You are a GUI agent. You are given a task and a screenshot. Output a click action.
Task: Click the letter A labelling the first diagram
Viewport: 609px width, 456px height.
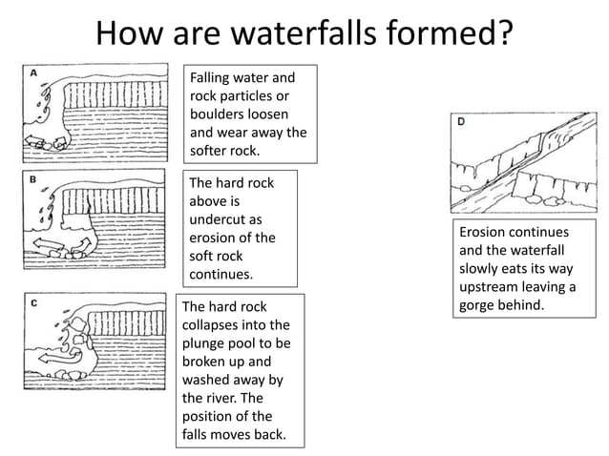pyautogui.click(x=33, y=73)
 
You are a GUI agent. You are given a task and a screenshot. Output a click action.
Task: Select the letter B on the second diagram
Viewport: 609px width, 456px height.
pyautogui.click(x=33, y=178)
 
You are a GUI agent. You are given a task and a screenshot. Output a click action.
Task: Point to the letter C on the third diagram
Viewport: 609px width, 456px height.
pyautogui.click(x=34, y=302)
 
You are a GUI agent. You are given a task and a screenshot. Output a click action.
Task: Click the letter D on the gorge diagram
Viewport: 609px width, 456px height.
pyautogui.click(x=462, y=122)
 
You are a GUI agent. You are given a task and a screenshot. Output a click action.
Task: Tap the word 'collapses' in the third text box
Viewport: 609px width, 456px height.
pyautogui.click(x=213, y=325)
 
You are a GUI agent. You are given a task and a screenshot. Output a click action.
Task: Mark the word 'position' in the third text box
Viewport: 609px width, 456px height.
pyautogui.click(x=212, y=416)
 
